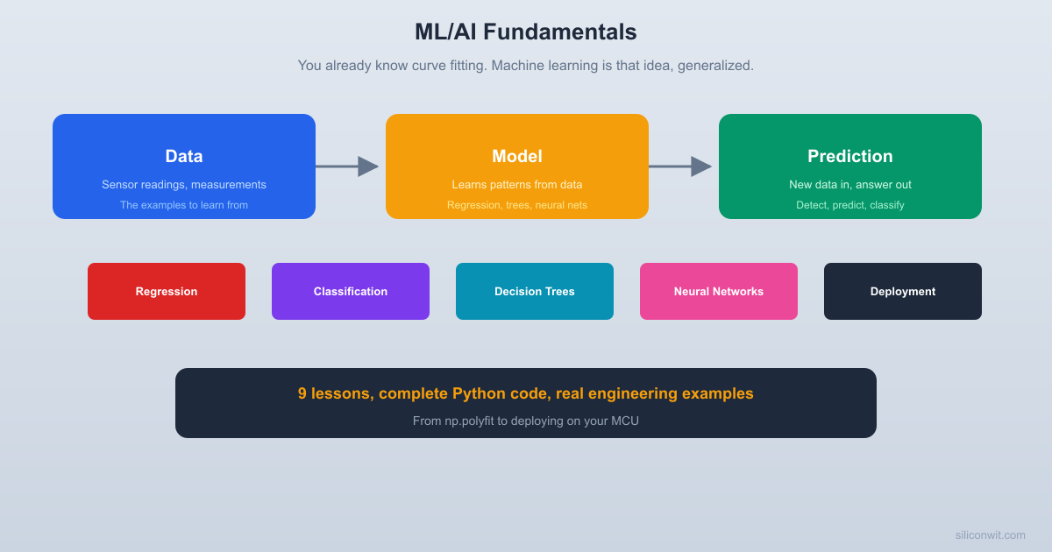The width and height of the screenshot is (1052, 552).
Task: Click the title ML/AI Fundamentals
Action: point(525,32)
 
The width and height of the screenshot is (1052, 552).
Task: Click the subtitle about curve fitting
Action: point(525,66)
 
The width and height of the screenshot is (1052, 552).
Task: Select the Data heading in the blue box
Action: point(184,156)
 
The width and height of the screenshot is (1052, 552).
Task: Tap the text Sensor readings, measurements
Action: point(184,185)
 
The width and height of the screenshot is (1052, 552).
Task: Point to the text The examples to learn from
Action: point(184,205)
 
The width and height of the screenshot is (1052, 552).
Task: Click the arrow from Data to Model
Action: point(347,166)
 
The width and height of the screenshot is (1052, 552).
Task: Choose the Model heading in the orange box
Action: point(517,156)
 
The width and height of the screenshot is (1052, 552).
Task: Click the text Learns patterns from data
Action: point(517,185)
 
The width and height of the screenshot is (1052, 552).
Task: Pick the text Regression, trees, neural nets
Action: point(517,205)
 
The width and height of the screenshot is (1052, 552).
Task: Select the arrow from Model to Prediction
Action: point(680,166)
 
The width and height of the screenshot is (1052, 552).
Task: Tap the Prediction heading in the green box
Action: point(850,156)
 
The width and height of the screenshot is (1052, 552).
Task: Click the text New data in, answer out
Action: point(850,185)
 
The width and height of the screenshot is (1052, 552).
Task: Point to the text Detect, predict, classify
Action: point(850,205)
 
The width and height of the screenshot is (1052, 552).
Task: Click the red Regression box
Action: point(167,292)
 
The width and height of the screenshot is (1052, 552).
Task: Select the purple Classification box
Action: point(351,292)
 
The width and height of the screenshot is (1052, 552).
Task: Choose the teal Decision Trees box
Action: point(535,292)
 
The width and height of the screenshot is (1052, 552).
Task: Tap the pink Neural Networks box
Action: point(719,292)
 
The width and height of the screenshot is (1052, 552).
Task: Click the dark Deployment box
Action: point(903,292)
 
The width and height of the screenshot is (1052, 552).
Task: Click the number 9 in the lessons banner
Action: point(302,393)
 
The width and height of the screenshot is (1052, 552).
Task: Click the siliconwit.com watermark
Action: point(990,535)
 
